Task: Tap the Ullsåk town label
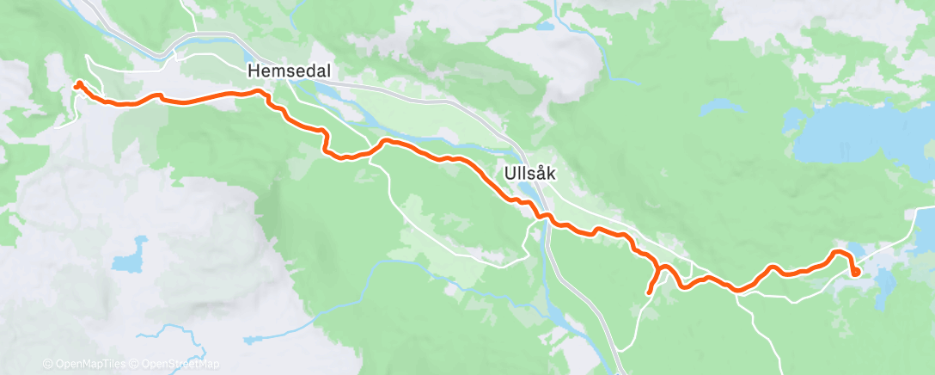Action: (x=529, y=173)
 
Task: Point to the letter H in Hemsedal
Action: (x=254, y=71)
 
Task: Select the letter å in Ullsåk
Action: (x=541, y=173)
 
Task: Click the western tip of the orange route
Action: (x=77, y=84)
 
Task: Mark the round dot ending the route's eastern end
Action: (x=855, y=272)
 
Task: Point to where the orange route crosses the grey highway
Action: (x=543, y=218)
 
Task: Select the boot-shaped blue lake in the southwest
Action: (x=127, y=261)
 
